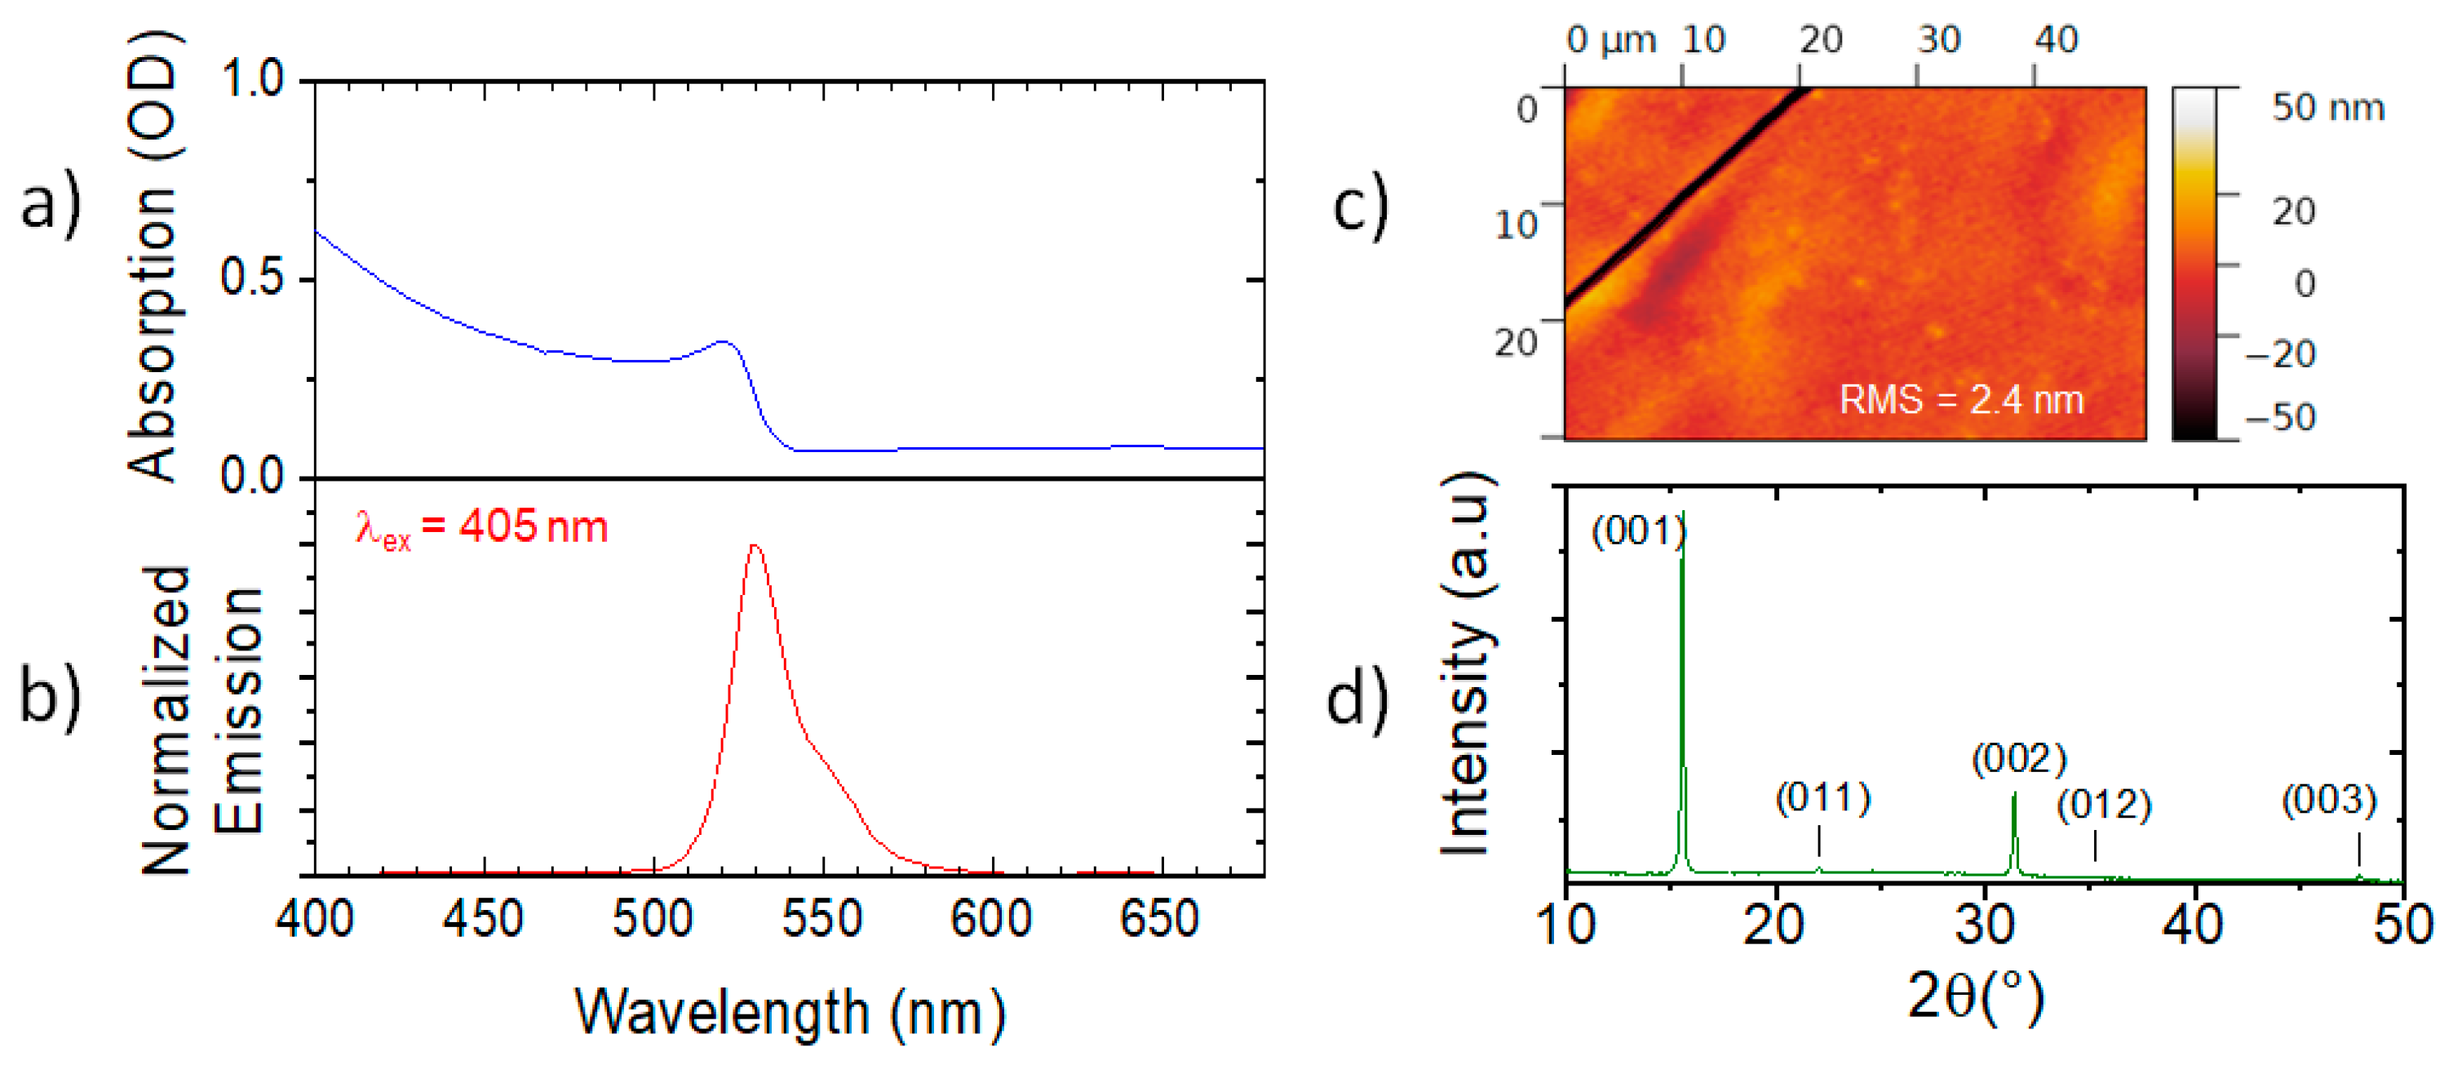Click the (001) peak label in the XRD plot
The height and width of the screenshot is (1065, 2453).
click(1638, 531)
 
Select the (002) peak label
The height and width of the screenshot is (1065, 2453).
click(2019, 759)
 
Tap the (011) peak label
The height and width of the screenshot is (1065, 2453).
click(1822, 798)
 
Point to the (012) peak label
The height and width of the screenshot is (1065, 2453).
click(2104, 806)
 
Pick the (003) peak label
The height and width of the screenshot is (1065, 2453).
click(2329, 801)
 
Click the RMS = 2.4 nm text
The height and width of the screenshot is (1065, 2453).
click(1962, 400)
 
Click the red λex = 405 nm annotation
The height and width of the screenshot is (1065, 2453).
click(480, 528)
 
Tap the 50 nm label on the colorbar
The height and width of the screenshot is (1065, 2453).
click(2327, 108)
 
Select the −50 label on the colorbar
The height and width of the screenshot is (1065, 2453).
click(2280, 417)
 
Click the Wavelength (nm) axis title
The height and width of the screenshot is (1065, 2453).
click(790, 1013)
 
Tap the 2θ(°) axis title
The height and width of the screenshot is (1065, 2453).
click(1976, 997)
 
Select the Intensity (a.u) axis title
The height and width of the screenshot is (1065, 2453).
click(1465, 664)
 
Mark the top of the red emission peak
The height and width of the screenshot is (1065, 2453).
click(755, 546)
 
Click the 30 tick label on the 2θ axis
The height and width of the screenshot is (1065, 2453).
click(1985, 924)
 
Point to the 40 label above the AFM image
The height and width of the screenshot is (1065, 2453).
click(2056, 40)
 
